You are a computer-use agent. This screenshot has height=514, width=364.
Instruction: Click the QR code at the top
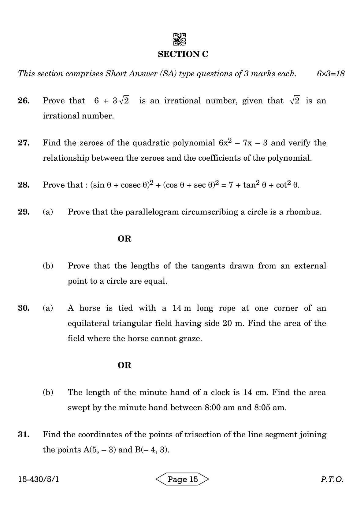coord(180,39)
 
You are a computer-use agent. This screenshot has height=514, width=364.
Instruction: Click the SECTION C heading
coord(183,54)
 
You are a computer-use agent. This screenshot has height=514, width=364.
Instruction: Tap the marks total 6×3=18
coord(331,74)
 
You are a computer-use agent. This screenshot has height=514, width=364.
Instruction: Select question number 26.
coord(24,101)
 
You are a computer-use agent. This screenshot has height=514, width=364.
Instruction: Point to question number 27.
coord(24,143)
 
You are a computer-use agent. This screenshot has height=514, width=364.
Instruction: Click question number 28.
coord(24,185)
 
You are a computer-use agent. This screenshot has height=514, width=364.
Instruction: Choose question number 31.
coord(24,435)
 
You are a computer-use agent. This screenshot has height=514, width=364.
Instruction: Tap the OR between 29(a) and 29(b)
coord(124,239)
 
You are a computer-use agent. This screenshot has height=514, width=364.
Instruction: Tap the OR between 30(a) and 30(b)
coord(124,365)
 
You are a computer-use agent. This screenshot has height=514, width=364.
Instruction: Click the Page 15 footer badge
coord(183,479)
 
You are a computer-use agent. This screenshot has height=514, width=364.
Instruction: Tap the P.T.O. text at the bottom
coord(332,479)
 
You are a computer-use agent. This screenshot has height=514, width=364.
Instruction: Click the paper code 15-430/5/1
coord(39,479)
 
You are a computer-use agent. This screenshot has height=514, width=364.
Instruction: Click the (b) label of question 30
coord(48,392)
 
